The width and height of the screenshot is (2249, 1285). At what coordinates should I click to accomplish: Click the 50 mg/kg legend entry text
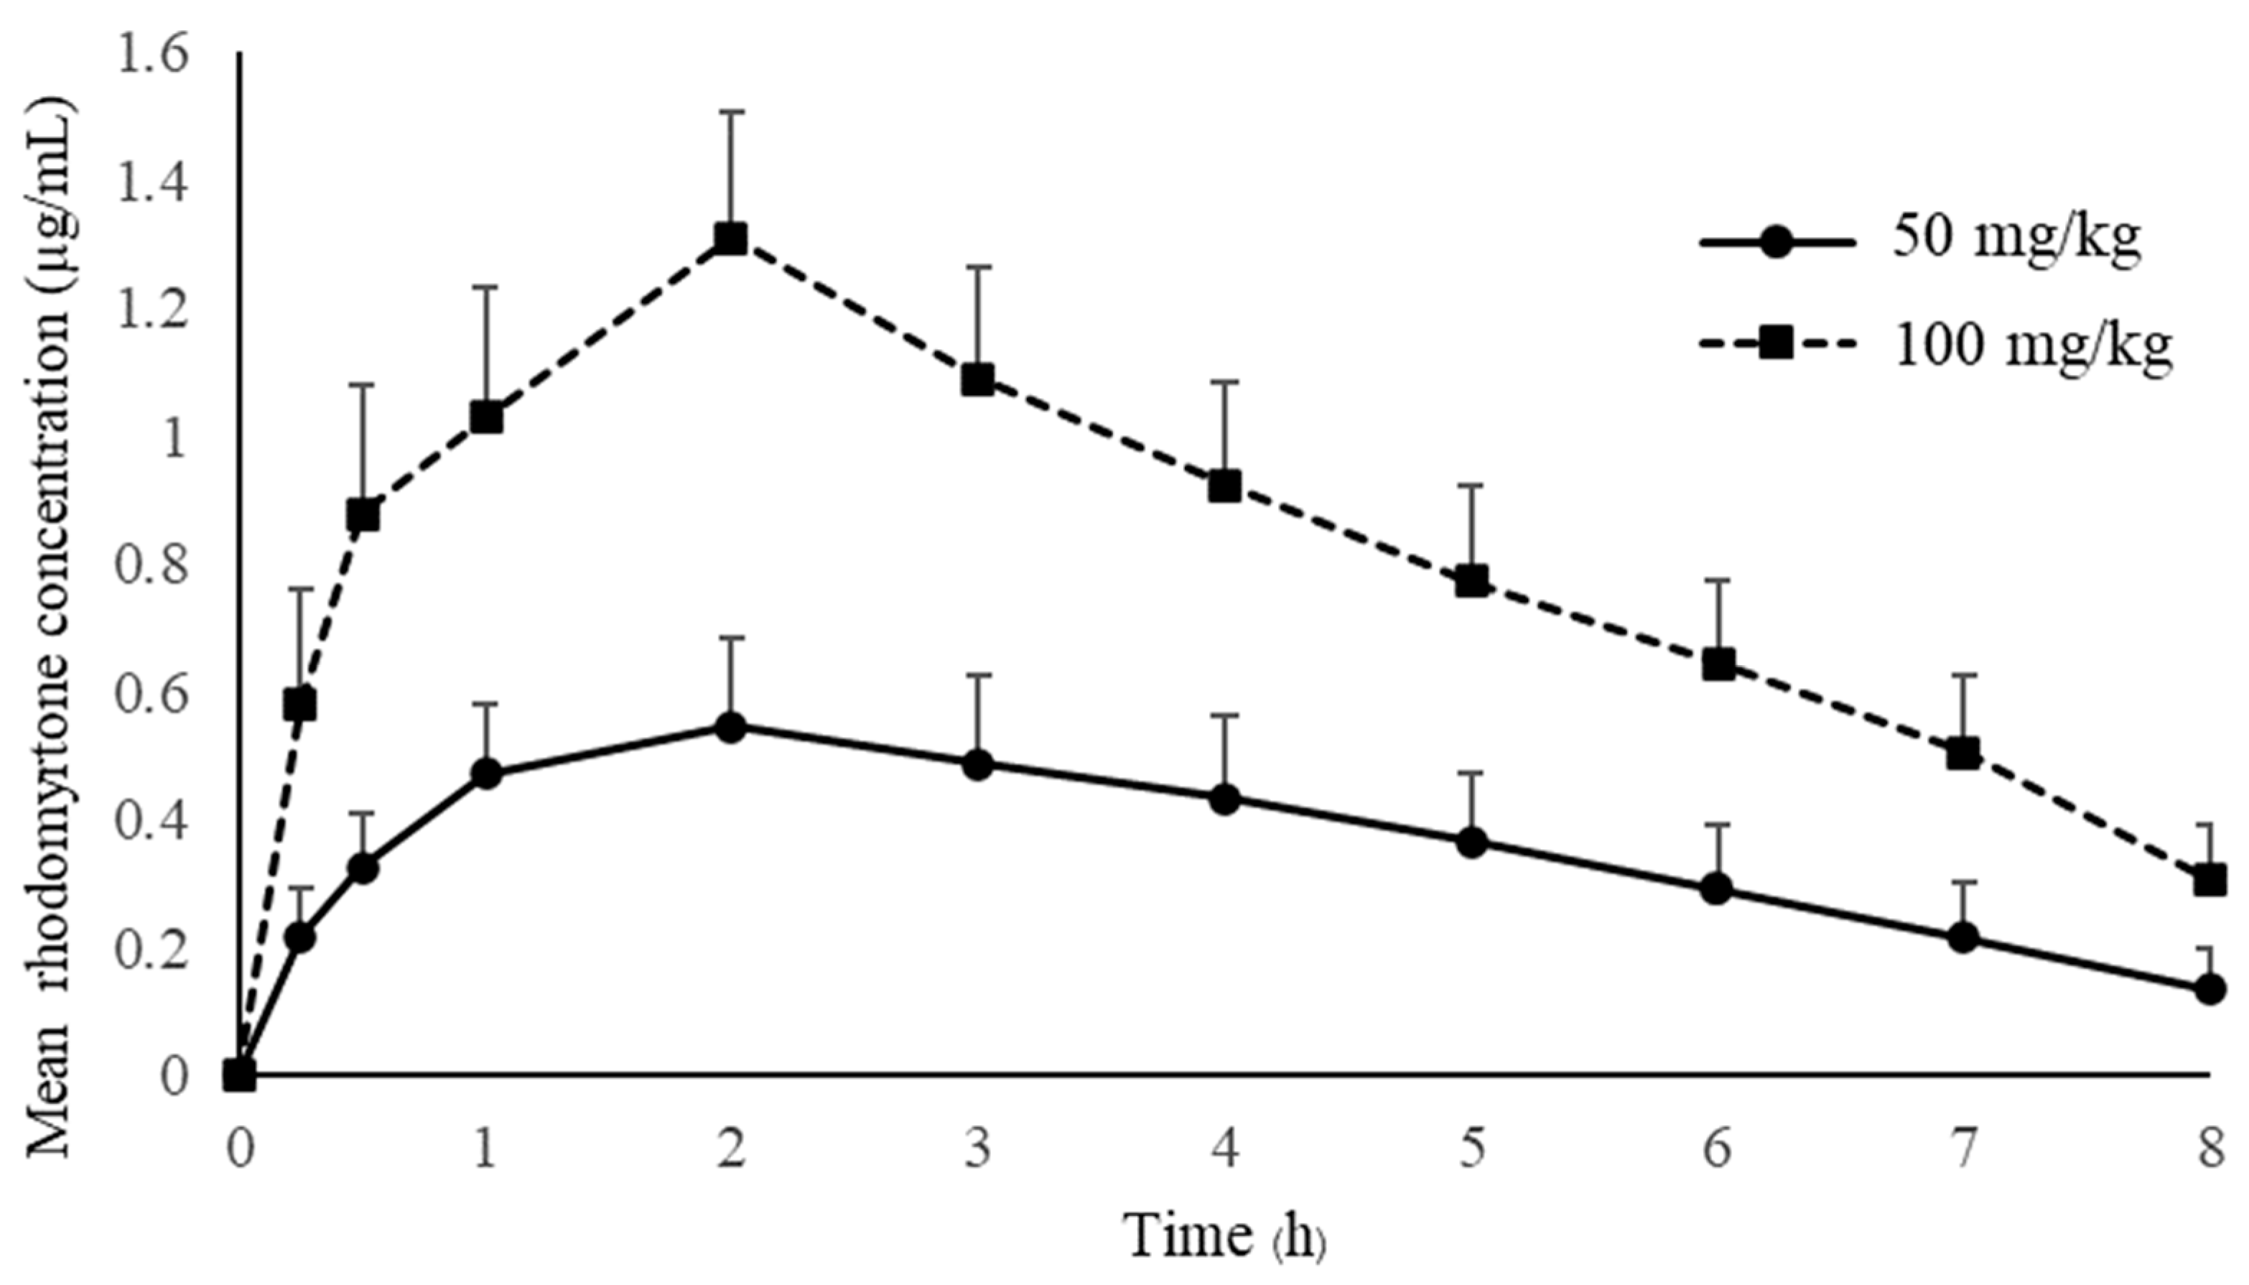tap(2017, 239)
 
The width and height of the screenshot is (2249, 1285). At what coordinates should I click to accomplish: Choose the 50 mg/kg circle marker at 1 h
tap(486, 775)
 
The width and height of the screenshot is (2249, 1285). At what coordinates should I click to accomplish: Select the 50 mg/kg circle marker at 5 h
tap(1471, 842)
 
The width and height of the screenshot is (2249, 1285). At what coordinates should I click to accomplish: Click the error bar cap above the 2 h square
tap(732, 112)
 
